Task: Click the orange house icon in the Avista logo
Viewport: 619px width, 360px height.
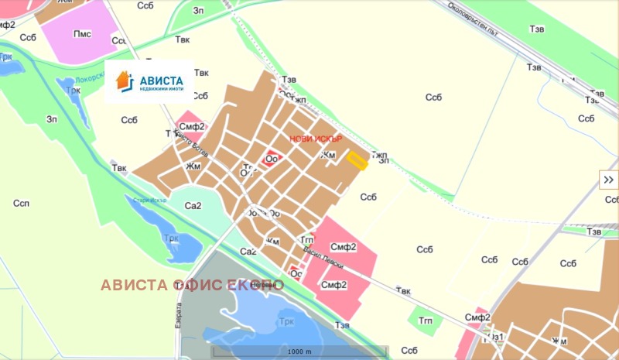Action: tap(123, 80)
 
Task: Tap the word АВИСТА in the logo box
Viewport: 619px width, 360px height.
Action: tap(161, 79)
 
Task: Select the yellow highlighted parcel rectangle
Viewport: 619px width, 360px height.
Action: tap(357, 160)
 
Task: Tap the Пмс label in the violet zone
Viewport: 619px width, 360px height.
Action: tap(82, 33)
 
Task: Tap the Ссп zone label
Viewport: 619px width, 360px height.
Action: tap(21, 203)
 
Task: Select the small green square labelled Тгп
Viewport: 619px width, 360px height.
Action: tap(424, 318)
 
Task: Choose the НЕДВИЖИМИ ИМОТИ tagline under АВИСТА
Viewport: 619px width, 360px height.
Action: tap(161, 89)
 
